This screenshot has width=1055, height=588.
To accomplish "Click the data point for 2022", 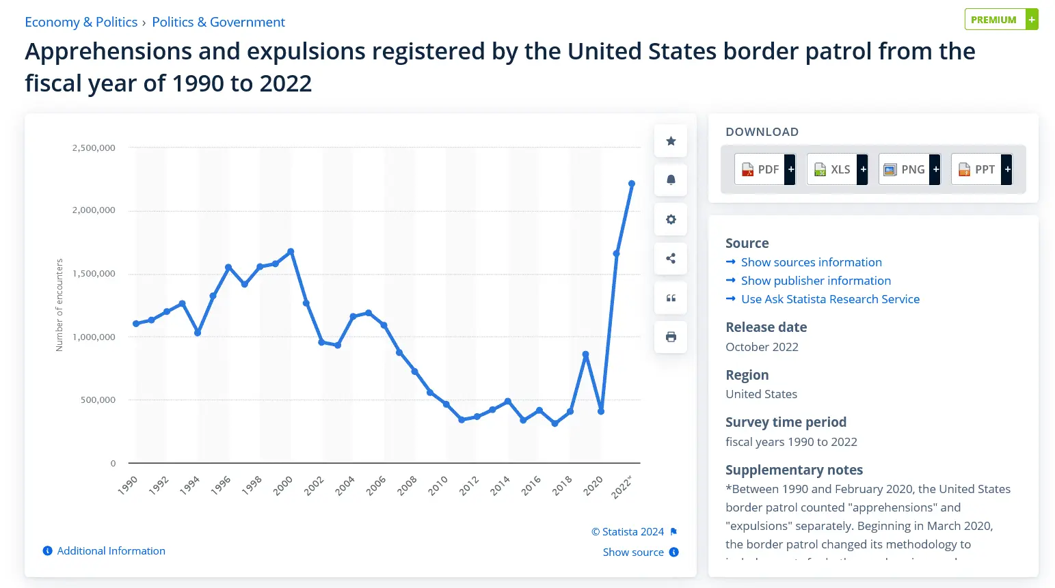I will tap(632, 184).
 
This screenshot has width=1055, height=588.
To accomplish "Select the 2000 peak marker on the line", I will tap(291, 251).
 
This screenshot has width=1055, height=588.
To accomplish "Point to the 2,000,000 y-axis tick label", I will tap(94, 210).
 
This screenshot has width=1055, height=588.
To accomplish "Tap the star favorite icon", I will tap(671, 141).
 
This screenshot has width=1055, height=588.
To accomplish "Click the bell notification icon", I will tap(671, 180).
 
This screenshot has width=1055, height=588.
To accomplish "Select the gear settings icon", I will tap(671, 220).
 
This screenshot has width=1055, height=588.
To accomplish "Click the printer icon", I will tap(671, 337).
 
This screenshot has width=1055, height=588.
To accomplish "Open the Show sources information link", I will tap(811, 262).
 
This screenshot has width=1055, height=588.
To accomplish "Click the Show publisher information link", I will tap(816, 281).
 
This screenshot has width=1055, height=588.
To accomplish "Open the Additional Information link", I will tap(111, 551).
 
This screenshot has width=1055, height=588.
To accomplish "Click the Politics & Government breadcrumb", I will tap(218, 22).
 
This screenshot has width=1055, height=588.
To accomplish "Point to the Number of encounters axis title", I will tap(59, 305).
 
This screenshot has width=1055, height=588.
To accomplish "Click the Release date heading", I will tap(766, 327).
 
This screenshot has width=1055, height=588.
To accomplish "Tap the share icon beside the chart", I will tap(671, 259).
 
